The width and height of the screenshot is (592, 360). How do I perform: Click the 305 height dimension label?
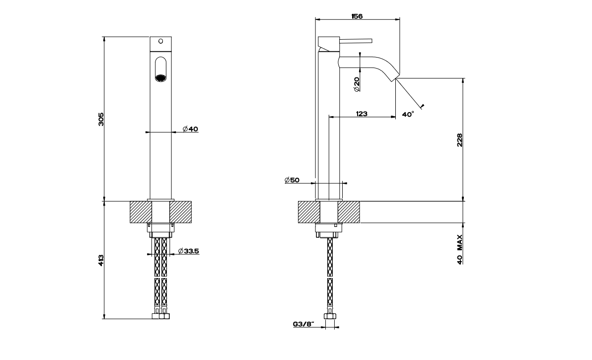(101, 119)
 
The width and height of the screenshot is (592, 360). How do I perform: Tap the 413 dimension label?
(101, 260)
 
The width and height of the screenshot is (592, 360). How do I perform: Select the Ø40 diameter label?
(190, 129)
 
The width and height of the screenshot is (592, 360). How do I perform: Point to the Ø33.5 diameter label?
(188, 251)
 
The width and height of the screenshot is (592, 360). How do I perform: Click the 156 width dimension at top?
(357, 16)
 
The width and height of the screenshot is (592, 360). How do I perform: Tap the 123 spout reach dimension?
(362, 114)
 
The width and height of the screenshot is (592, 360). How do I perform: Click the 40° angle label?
(408, 114)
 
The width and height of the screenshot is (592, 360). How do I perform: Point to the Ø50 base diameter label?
(292, 180)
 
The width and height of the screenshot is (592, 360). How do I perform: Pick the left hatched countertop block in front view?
(140, 212)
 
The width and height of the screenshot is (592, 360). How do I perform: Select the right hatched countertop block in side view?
(349, 212)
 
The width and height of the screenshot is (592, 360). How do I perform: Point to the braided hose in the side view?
(329, 263)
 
